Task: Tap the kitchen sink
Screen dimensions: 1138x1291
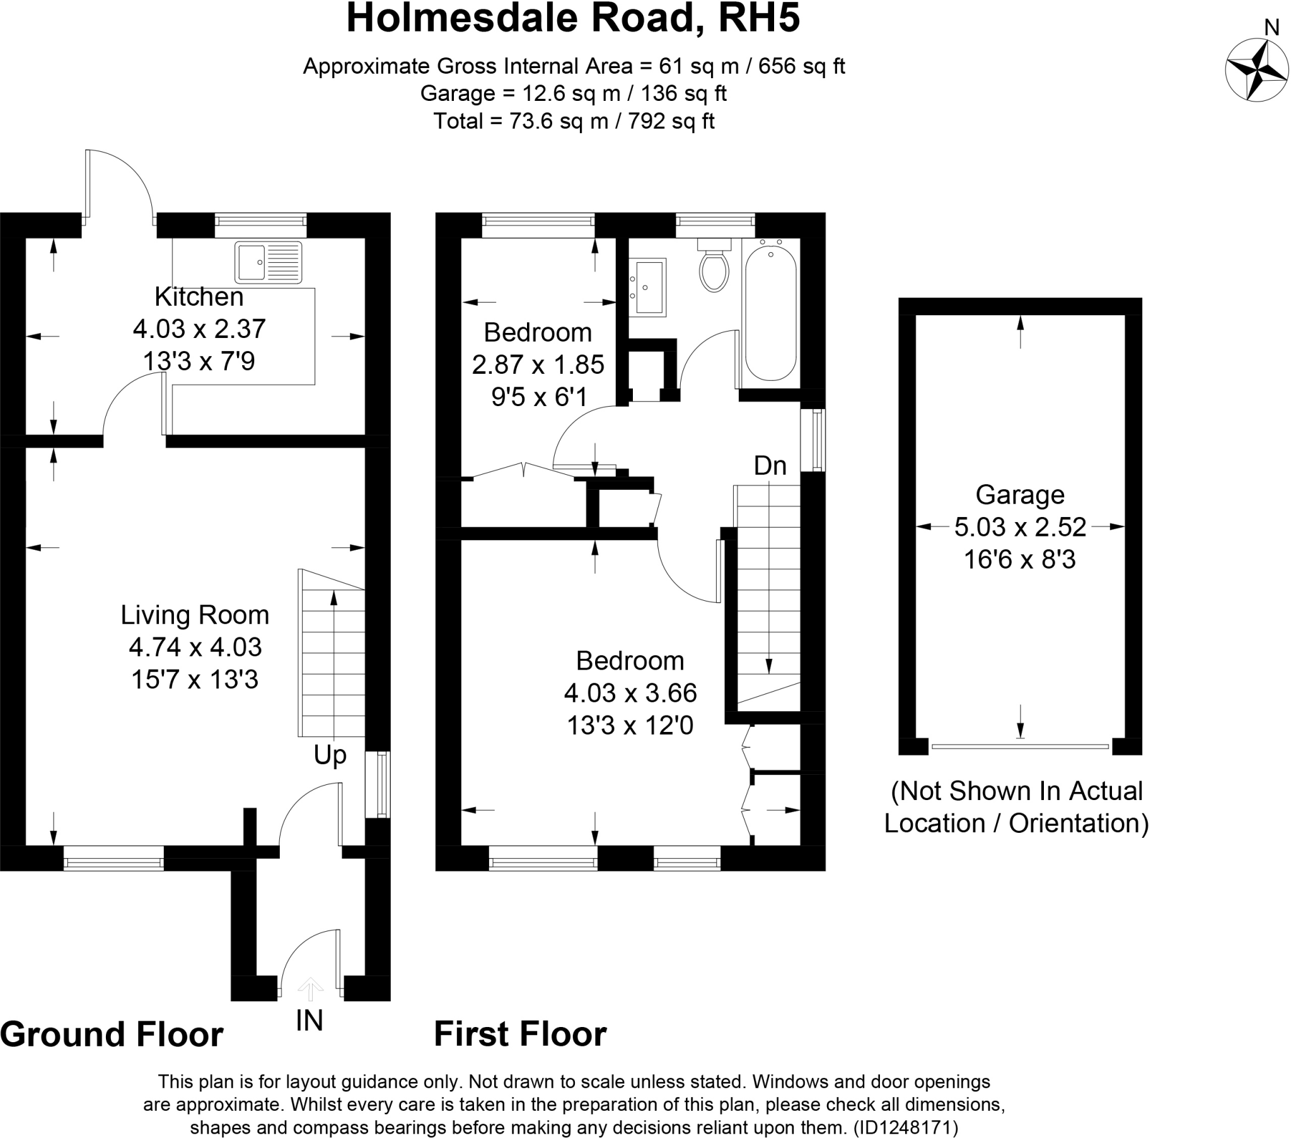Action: (268, 262)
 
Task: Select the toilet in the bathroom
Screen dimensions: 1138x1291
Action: (714, 269)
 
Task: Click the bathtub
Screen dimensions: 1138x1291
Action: (770, 313)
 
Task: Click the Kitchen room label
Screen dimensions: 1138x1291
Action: (199, 296)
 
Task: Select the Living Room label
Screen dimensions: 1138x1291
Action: (195, 615)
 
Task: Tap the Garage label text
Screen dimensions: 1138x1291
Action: (1019, 494)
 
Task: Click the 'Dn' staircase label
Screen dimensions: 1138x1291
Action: (769, 466)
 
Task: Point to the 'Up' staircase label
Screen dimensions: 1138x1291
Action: (330, 755)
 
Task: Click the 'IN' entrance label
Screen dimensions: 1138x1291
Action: (309, 1021)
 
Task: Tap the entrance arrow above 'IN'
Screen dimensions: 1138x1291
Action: (310, 989)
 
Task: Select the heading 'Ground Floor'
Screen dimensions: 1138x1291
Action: (112, 1035)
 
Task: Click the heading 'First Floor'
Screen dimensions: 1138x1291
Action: (520, 1034)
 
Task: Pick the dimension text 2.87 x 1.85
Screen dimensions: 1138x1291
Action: (538, 364)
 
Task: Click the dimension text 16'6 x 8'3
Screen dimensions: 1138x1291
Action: (1019, 560)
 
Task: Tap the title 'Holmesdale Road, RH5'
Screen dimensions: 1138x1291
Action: (573, 18)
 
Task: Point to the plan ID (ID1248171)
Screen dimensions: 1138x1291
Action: (905, 1127)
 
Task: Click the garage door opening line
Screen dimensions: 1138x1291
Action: (1019, 747)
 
